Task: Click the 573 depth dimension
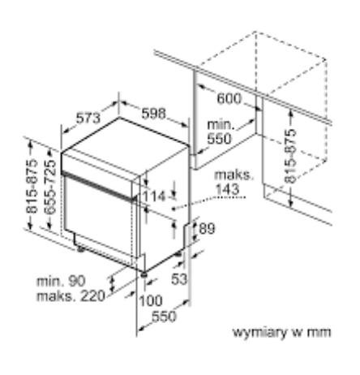(88, 118)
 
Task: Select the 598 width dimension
(153, 114)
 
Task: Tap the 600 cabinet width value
(229, 98)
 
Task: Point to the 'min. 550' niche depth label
(220, 132)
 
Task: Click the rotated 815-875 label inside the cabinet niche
(290, 156)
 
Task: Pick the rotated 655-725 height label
(50, 187)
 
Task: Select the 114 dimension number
(153, 196)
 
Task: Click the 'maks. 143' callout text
(234, 182)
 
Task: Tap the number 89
(207, 229)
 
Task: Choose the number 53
(179, 279)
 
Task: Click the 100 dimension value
(151, 300)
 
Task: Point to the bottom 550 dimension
(164, 317)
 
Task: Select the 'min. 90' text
(61, 282)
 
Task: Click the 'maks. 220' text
(71, 296)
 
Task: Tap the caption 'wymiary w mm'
(281, 332)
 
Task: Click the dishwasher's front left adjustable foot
(80, 249)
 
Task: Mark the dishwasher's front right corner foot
(144, 274)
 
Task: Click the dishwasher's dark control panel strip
(99, 187)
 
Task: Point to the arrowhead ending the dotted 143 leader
(174, 209)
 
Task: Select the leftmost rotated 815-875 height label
(32, 187)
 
